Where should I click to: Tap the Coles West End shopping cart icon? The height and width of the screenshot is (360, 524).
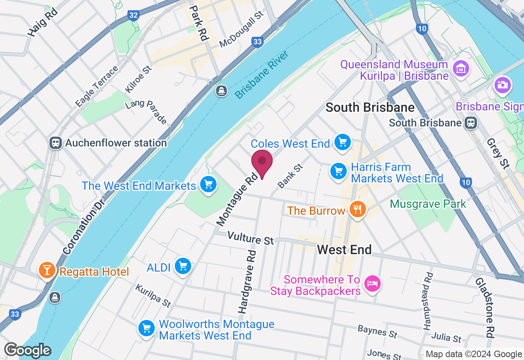point(343,142)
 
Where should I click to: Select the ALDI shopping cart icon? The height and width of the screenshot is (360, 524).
point(183,267)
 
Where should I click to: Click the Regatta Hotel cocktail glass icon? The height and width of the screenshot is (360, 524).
point(47,270)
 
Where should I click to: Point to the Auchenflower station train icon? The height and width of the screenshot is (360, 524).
point(55,143)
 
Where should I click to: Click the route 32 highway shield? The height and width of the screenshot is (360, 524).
point(133,16)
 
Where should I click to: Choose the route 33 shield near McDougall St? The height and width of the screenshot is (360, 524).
point(257,42)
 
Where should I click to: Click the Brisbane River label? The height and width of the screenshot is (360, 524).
point(262,75)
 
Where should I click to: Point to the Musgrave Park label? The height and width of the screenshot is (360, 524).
point(428,204)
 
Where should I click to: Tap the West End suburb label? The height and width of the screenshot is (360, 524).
point(344,250)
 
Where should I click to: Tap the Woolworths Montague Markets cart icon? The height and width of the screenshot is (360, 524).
point(146,328)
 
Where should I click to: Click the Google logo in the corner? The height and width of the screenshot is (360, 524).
point(27,350)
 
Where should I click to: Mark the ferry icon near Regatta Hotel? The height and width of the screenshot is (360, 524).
point(55,297)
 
